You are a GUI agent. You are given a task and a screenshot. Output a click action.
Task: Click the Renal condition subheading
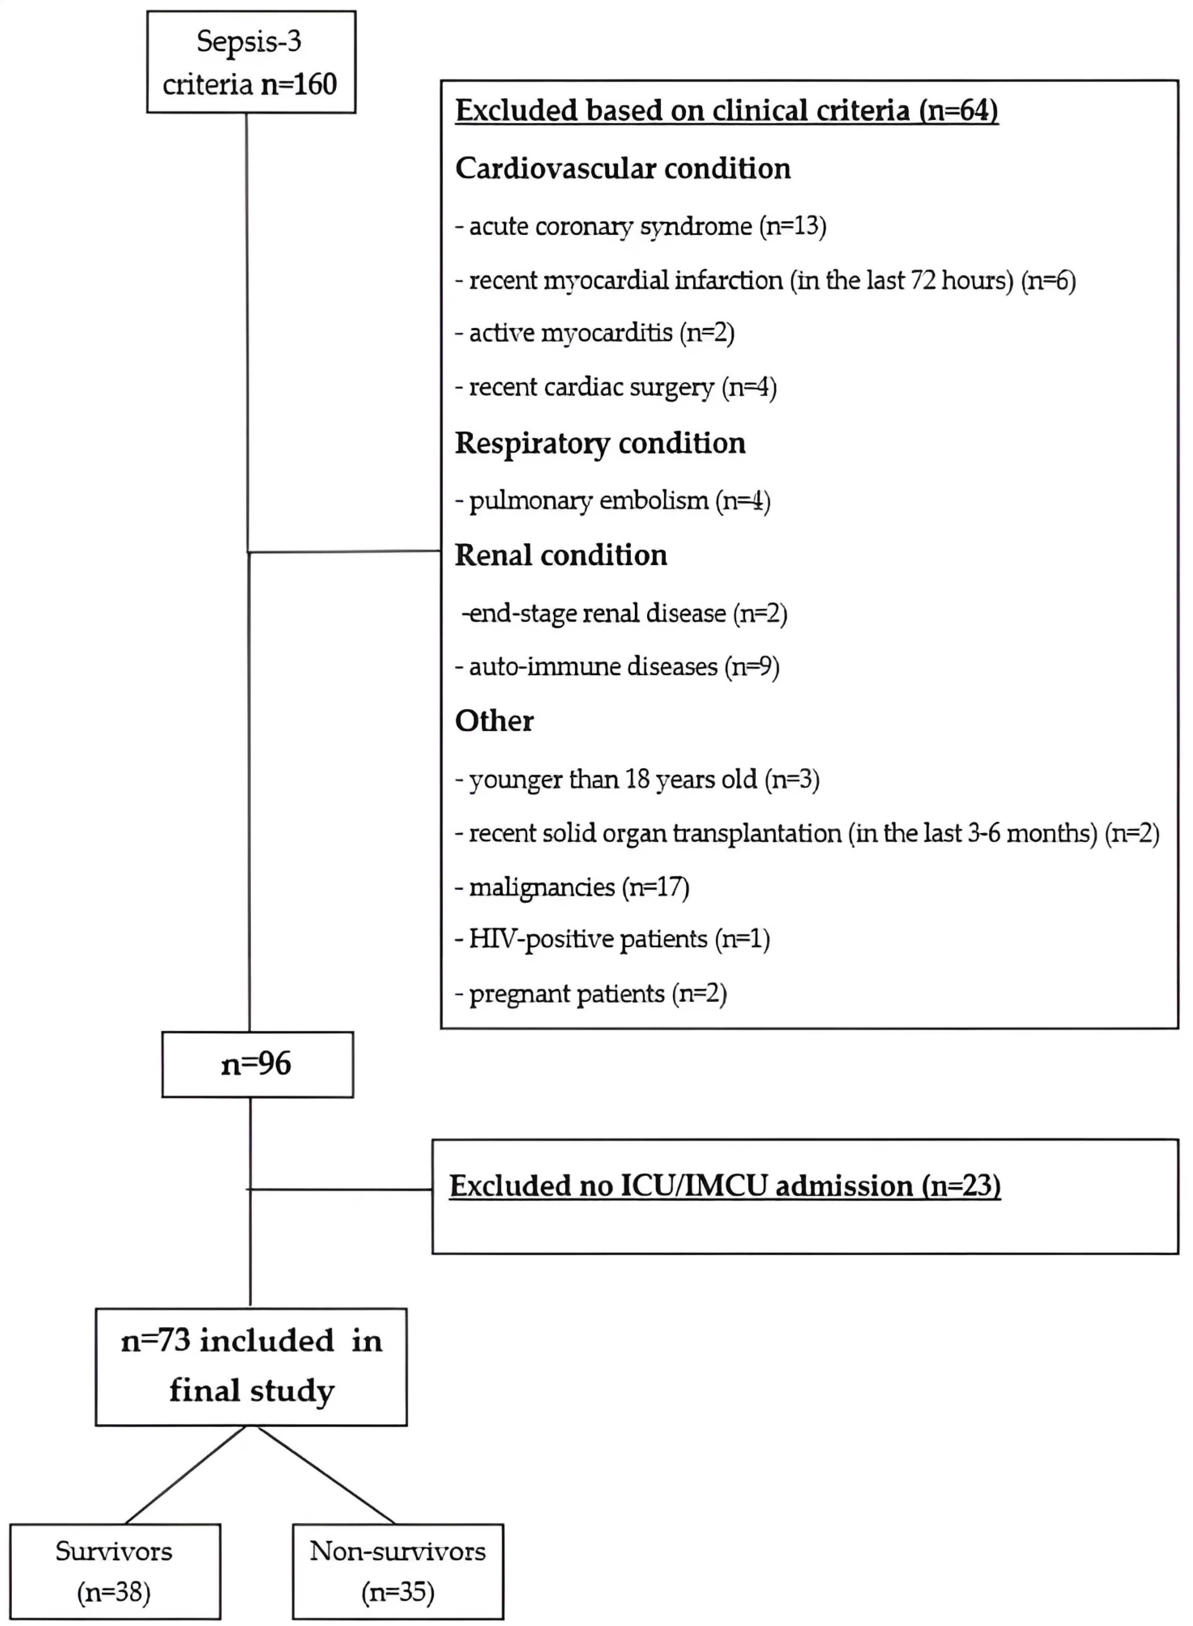[x=561, y=555]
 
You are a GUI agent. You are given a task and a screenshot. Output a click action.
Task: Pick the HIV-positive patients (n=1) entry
[x=612, y=939]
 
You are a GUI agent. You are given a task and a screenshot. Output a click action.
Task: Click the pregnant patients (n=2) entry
[x=591, y=994]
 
